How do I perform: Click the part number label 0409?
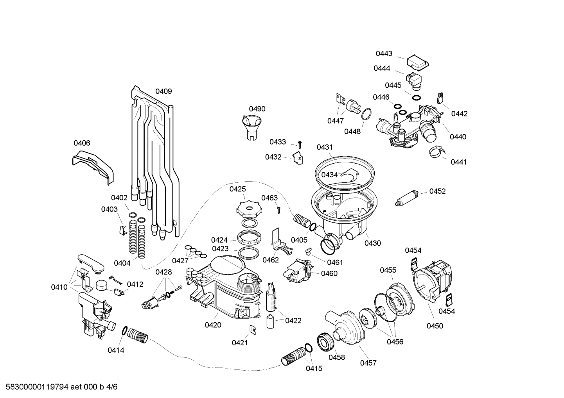(163, 91)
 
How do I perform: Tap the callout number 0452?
(437, 191)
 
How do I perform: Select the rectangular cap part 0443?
(417, 62)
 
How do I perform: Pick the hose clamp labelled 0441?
(436, 152)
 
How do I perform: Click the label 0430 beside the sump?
(372, 243)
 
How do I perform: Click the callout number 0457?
(368, 363)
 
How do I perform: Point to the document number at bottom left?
(59, 387)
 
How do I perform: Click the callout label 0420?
(213, 325)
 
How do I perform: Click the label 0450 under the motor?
(435, 326)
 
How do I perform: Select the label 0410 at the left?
(59, 287)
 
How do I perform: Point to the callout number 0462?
(270, 260)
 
